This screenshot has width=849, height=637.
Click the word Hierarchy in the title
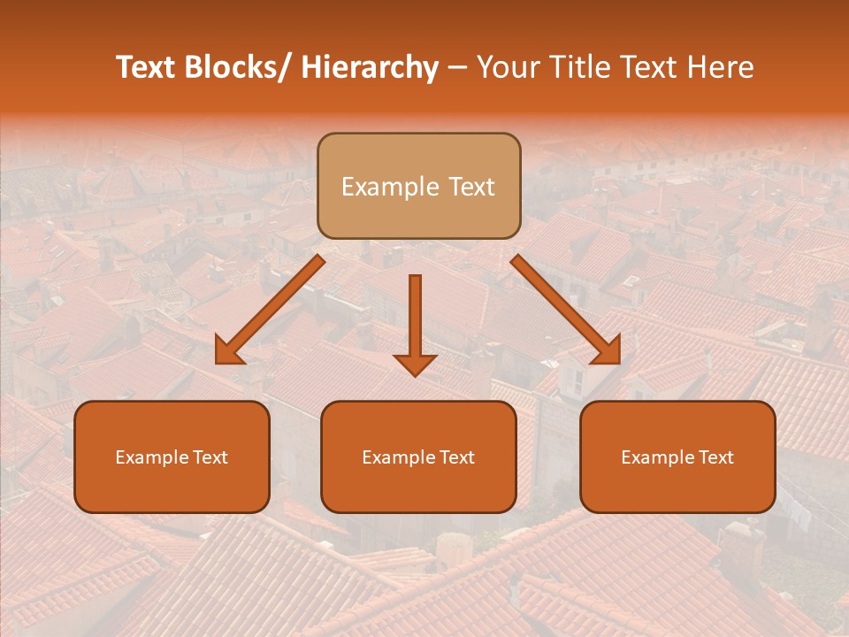pos(370,67)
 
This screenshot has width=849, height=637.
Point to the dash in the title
pos(457,69)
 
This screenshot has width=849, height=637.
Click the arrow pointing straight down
pos(415,318)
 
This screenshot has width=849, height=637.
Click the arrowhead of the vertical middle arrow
pos(415,364)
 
